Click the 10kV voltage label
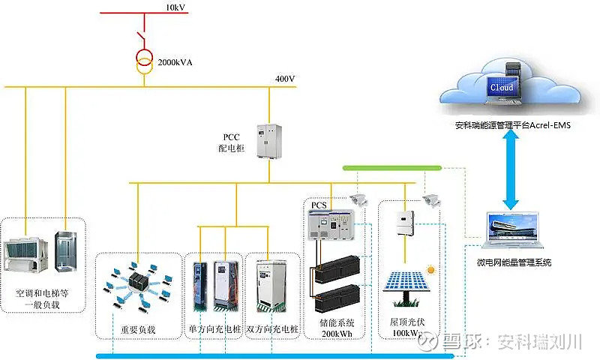tap(176, 7)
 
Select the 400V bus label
tap(286, 79)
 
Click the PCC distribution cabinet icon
tap(268, 140)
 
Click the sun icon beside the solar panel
tap(430, 268)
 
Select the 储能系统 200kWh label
tap(337, 327)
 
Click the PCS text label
tap(319, 204)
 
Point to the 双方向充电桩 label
tap(272, 329)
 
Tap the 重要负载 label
tap(138, 329)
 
